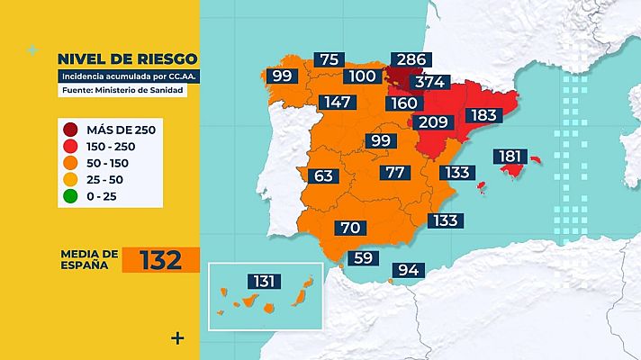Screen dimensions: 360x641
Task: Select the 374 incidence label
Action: pos(428,82)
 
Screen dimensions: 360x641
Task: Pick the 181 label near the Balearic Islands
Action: pos(510,157)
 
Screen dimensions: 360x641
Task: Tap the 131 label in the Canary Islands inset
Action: pos(264,282)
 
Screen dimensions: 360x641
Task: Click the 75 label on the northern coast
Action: pos(330,59)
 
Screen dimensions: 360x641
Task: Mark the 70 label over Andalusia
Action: pos(351,228)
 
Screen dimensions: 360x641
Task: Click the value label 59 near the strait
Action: pos(364,257)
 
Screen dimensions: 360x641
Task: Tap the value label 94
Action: pos(408,269)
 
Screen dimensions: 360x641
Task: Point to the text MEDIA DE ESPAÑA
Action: pos(89,260)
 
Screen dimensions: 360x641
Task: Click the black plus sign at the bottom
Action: pos(177,338)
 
